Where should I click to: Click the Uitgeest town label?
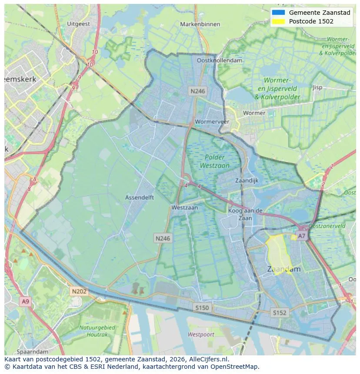click(78, 24)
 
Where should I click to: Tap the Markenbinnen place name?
click(200, 24)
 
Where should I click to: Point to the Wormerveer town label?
click(212, 122)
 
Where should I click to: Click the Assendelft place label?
click(140, 197)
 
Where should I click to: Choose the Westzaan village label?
click(184, 208)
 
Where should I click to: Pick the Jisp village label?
click(317, 87)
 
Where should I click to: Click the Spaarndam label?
click(33, 351)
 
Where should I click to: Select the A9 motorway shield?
click(25, 301)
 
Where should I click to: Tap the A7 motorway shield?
click(301, 236)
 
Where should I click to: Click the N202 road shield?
click(79, 291)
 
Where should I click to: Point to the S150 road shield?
click(202, 308)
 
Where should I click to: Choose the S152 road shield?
click(280, 312)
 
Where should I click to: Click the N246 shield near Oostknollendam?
click(197, 91)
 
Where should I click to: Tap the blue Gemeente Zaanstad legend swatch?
click(278, 13)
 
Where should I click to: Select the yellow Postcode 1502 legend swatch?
click(278, 21)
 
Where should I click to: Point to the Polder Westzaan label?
click(215, 161)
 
